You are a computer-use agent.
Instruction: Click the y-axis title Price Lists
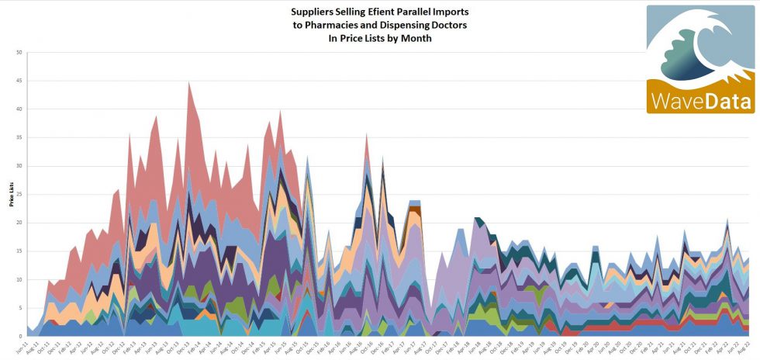click(11, 195)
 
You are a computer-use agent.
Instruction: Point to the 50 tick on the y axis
click(18, 53)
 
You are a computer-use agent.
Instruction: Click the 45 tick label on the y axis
click(18, 81)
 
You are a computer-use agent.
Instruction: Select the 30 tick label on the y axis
click(18, 166)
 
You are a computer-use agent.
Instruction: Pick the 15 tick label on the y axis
click(18, 251)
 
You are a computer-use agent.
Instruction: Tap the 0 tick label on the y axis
click(20, 336)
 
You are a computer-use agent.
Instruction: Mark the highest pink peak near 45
click(188, 84)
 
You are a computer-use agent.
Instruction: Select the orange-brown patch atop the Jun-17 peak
click(415, 209)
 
